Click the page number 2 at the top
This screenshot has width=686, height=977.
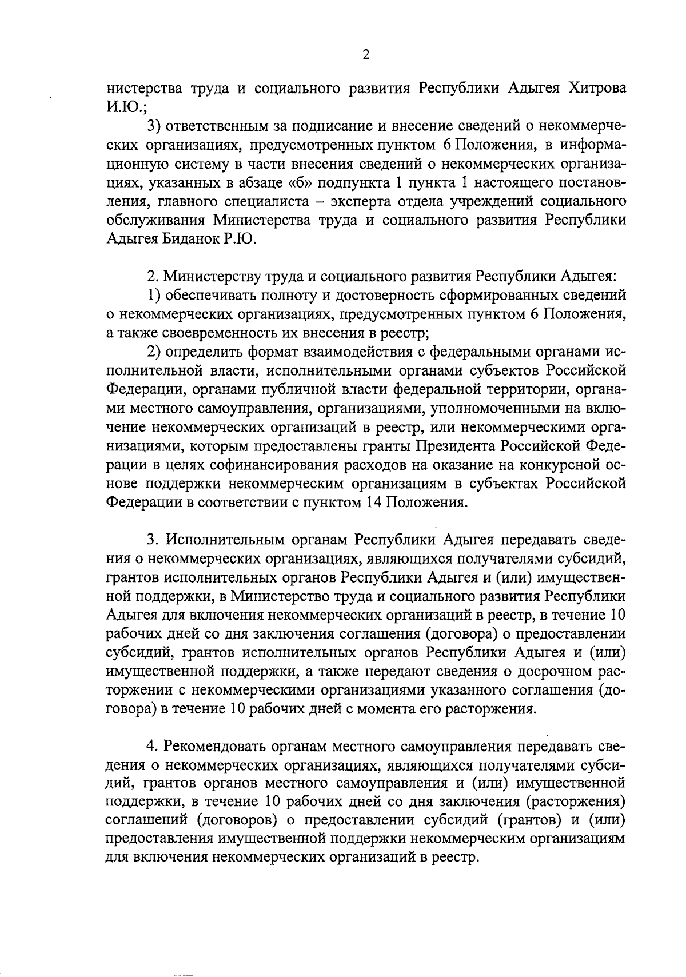click(366, 55)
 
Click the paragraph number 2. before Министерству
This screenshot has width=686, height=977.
click(152, 276)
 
